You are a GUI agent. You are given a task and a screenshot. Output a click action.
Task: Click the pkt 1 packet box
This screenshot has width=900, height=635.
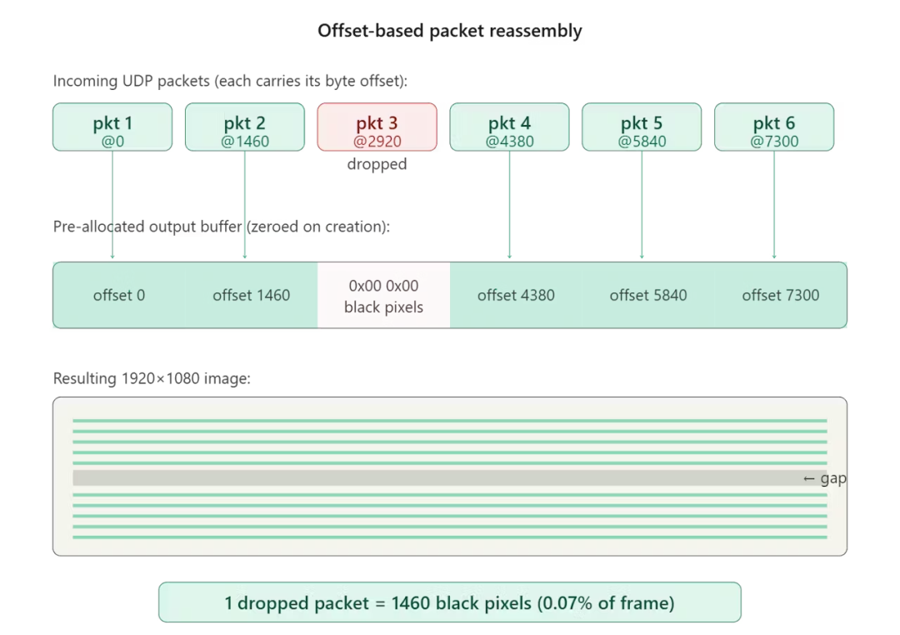click(112, 127)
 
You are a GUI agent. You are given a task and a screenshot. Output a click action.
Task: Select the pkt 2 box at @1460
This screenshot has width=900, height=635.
click(245, 127)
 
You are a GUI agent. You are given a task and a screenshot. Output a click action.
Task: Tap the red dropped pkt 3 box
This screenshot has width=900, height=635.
click(377, 127)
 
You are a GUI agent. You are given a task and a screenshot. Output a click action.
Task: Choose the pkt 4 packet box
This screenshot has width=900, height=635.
click(510, 127)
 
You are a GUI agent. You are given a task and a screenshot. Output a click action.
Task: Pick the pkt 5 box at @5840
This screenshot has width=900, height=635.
click(642, 127)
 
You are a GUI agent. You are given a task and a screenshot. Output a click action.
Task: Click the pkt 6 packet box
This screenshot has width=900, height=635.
click(774, 127)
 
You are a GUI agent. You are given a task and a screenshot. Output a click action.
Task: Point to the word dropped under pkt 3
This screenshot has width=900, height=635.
click(377, 164)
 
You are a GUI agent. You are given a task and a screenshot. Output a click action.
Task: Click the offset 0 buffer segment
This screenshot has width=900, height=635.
click(119, 295)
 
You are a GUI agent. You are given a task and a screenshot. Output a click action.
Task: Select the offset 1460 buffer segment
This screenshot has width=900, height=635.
click(252, 295)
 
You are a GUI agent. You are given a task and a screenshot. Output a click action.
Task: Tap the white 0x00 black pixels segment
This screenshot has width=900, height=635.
click(384, 295)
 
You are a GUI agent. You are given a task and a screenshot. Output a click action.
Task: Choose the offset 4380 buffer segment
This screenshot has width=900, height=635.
click(516, 295)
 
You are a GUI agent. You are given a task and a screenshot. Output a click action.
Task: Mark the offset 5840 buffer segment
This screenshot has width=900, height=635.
click(648, 295)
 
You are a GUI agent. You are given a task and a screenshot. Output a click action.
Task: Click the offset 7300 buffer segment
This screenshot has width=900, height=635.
click(781, 295)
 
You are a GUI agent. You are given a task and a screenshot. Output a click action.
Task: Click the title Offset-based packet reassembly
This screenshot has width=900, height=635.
click(450, 31)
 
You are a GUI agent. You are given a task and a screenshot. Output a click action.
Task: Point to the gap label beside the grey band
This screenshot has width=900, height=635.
click(825, 478)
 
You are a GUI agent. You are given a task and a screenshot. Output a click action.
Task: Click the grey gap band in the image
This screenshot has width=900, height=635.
click(436, 477)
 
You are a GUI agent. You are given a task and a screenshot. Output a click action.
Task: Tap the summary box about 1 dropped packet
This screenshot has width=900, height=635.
click(450, 602)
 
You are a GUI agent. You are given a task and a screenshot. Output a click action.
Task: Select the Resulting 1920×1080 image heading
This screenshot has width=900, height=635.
click(152, 379)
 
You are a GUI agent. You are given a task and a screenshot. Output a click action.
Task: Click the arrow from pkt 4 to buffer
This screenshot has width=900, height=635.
click(510, 205)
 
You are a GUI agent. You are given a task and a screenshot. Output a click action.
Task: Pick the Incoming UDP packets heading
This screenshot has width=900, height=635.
click(230, 81)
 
